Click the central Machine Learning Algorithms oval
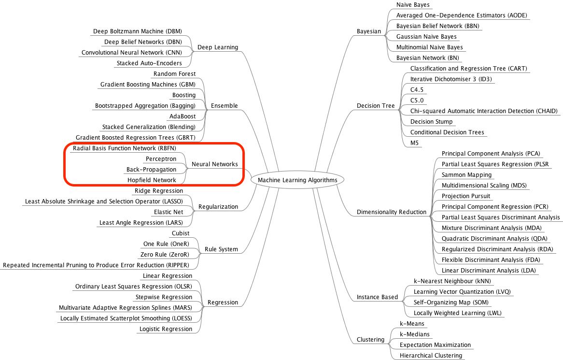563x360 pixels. tap(297, 180)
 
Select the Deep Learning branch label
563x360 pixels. tap(218, 47)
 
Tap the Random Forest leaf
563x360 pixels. tap(174, 74)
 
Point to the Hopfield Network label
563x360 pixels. tap(152, 180)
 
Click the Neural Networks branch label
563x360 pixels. tap(215, 164)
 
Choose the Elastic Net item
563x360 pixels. tap(169, 212)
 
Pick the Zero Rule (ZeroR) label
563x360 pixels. tap(165, 255)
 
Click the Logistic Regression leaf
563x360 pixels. tap(166, 329)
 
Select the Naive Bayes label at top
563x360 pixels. tap(413, 5)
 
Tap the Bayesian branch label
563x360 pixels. tap(369, 31)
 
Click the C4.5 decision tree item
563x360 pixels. tap(417, 90)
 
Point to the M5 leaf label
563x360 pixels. tap(414, 143)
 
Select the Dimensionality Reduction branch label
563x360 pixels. tap(392, 212)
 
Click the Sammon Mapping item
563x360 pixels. tap(466, 175)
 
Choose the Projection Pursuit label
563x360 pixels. tap(465, 196)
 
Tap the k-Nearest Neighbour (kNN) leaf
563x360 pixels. tap(452, 281)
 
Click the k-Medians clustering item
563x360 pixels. tap(415, 334)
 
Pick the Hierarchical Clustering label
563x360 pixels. tap(431, 356)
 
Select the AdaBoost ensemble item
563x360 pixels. tap(183, 116)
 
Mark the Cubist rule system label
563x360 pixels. tap(181, 233)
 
